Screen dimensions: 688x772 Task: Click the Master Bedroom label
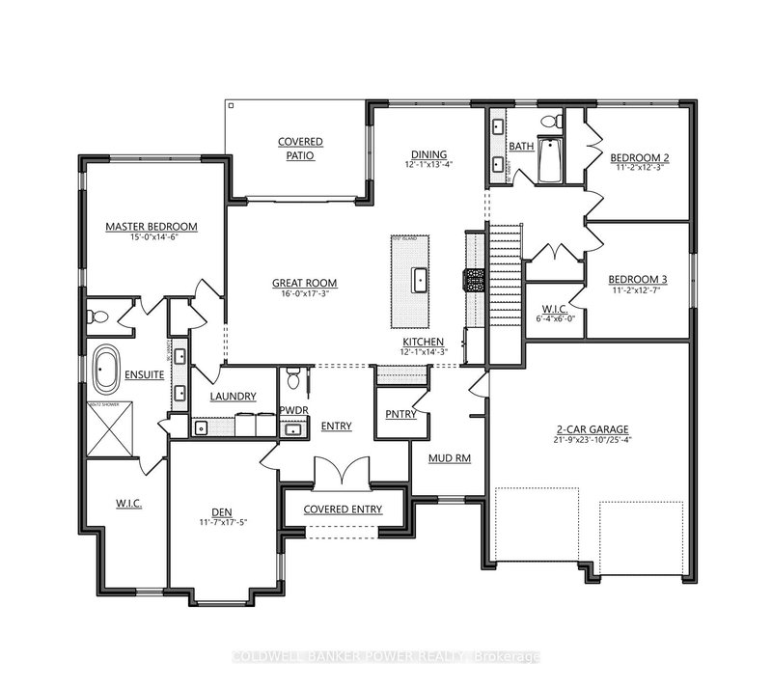pyautogui.click(x=151, y=227)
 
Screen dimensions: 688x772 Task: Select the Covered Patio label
pyautogui.click(x=301, y=149)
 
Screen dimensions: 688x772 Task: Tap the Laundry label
pyautogui.click(x=233, y=397)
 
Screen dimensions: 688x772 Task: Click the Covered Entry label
pyautogui.click(x=342, y=509)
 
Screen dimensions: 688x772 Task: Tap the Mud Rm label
pyautogui.click(x=449, y=457)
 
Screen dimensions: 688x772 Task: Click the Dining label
pyautogui.click(x=426, y=155)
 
